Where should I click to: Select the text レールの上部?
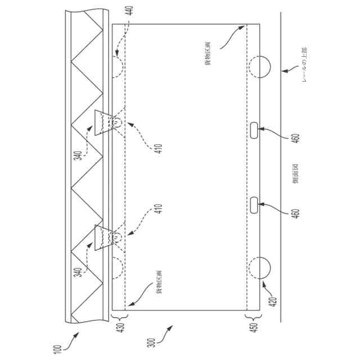[x=304, y=65]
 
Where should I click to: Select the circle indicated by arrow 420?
[x=259, y=269]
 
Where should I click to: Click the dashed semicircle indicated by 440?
[x=118, y=66]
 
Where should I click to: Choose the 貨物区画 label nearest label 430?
[x=160, y=281]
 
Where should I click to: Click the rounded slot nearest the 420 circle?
[x=254, y=205]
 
